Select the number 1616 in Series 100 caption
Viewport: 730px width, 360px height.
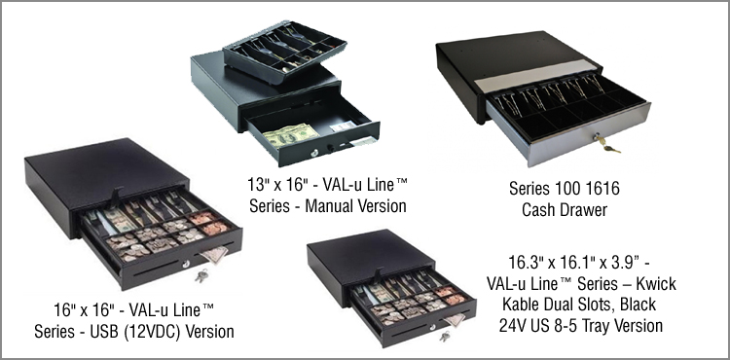[602, 189]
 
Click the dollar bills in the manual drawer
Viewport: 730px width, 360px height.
[290, 135]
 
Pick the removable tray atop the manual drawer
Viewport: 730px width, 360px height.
[284, 51]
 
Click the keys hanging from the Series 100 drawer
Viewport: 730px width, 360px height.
[607, 146]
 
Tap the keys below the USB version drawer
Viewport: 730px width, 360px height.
[201, 276]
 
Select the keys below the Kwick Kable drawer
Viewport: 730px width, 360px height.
[445, 336]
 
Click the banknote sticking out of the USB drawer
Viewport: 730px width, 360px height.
[215, 254]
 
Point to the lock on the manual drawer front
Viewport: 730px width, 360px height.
[315, 152]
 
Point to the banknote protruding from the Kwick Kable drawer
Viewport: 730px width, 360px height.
[455, 320]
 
